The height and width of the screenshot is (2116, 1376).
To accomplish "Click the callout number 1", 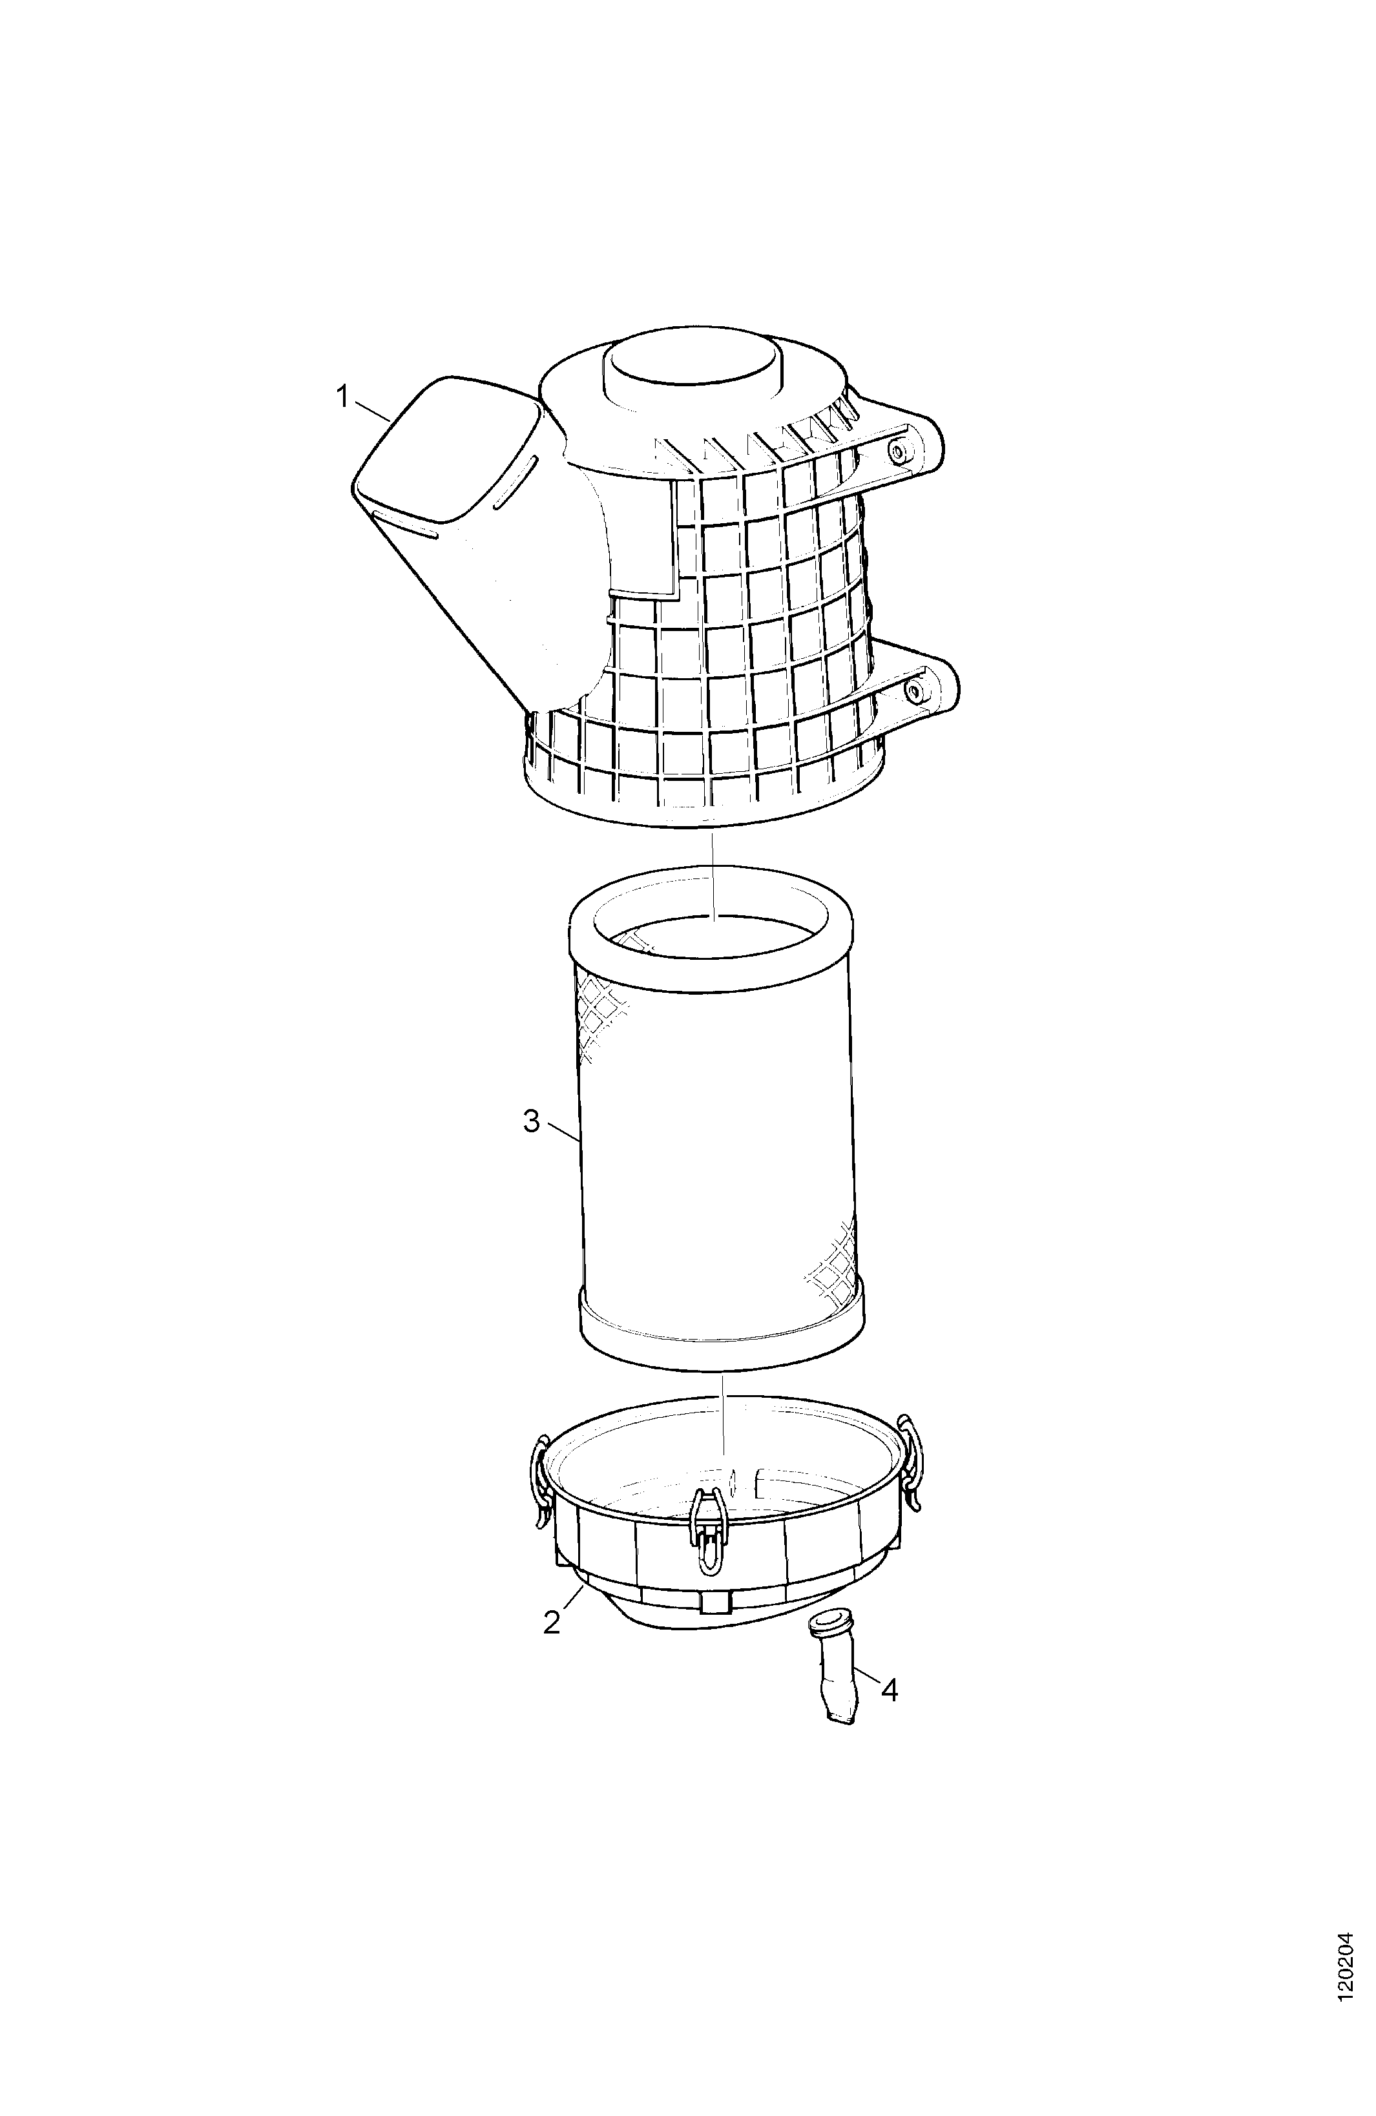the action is pos(342,397).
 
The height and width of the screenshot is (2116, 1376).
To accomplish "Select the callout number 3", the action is pos(531,1122).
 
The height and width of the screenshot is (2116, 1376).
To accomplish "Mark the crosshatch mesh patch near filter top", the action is pos(600,1018).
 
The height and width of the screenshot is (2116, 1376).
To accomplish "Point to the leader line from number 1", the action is pos(372,410).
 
